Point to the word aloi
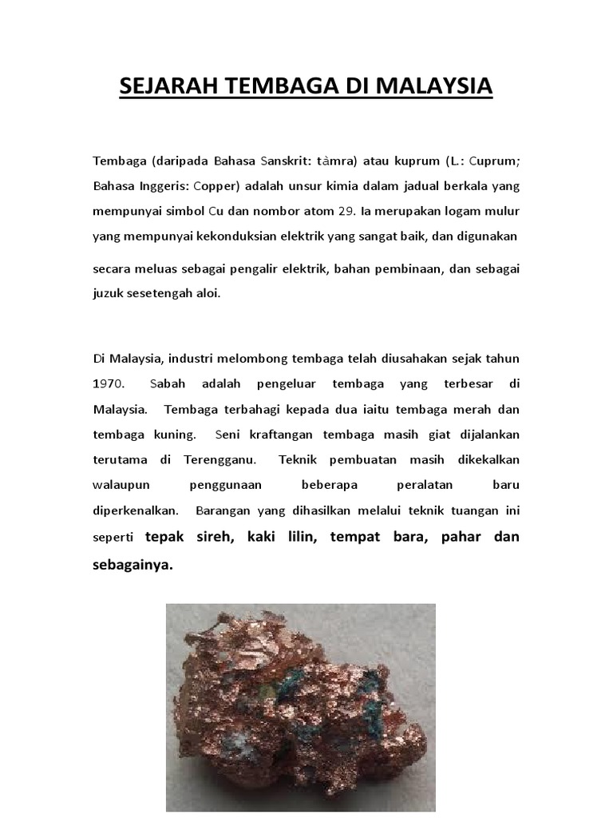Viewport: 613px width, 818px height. coord(205,293)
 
